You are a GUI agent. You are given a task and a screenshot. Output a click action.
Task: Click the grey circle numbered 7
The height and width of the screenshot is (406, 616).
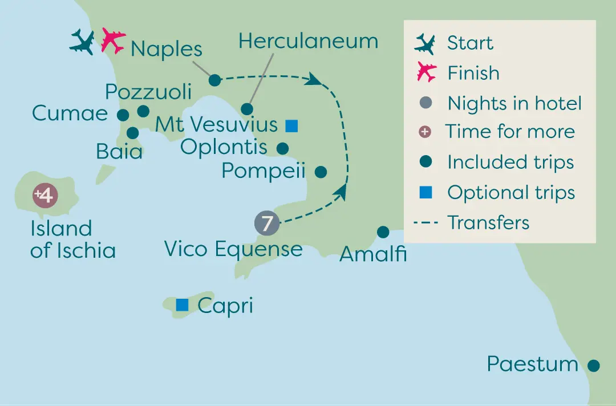click(267, 223)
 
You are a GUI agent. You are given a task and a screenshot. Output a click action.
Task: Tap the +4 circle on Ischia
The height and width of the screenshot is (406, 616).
click(45, 195)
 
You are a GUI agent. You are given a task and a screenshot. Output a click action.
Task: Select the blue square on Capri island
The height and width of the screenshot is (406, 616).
click(182, 304)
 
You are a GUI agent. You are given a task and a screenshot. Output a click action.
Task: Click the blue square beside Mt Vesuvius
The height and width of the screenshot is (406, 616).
click(291, 126)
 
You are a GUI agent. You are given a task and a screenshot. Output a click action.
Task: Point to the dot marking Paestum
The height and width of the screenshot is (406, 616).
click(594, 366)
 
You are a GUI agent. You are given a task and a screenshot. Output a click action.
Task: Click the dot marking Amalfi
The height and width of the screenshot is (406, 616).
click(383, 232)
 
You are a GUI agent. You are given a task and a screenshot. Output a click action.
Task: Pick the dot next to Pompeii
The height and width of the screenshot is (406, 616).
click(321, 172)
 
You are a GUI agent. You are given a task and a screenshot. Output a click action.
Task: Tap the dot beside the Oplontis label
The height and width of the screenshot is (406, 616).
click(282, 148)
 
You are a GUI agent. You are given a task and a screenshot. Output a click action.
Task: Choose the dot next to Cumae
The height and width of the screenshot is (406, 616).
click(123, 115)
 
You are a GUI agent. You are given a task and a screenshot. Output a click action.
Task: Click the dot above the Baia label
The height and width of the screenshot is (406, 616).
click(133, 133)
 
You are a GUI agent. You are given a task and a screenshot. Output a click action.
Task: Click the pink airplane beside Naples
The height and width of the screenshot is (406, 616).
click(113, 40)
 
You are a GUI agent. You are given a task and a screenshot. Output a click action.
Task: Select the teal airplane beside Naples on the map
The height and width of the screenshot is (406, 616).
click(82, 42)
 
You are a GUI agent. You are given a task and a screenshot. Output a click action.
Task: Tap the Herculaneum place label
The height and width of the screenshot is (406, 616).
click(309, 41)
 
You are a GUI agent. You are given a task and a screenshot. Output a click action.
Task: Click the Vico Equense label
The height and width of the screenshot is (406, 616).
click(233, 249)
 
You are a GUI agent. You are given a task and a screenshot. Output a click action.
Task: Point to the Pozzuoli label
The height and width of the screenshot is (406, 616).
click(148, 92)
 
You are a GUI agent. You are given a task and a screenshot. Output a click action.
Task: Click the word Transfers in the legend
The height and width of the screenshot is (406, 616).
click(488, 222)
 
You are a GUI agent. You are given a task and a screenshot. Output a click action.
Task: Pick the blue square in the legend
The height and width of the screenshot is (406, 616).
click(426, 192)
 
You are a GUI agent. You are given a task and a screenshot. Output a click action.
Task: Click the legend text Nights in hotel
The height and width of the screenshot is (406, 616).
click(514, 104)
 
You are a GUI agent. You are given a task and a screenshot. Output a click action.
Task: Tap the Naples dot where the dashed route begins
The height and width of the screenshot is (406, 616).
click(214, 80)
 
